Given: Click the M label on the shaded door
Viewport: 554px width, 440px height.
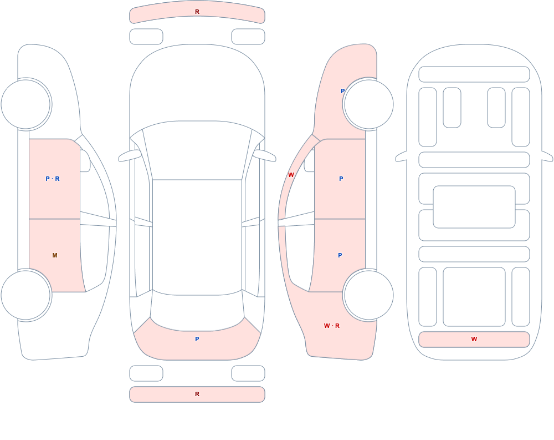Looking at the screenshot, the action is tap(55, 255).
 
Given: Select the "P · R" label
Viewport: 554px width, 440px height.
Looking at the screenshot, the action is tap(53, 179).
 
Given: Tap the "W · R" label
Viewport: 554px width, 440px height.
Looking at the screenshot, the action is tap(332, 326).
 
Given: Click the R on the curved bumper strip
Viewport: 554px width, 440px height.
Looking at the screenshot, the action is tap(197, 12).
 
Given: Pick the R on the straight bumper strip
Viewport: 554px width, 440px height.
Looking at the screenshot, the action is tap(197, 394).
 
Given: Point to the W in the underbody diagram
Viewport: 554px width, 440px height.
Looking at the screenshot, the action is tap(474, 339).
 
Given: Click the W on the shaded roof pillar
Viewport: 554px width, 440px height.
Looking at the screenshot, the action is tap(291, 175).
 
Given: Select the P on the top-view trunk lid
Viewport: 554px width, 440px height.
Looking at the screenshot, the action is tap(197, 339).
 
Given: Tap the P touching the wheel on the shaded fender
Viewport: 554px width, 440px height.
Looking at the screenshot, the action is tap(342, 91).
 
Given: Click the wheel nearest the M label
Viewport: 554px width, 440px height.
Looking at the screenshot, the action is tap(26, 295).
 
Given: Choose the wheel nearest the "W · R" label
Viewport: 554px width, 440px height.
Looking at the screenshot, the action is tap(368, 295).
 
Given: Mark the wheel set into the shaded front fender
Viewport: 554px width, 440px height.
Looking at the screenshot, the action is tap(368, 104).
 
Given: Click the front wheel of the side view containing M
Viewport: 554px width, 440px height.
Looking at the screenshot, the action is tap(26, 104).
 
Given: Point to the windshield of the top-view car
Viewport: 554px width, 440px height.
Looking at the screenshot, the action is tap(197, 150).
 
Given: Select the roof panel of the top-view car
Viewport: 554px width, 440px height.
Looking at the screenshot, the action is tap(197, 237).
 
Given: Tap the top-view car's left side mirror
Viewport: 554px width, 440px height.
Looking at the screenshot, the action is tap(130, 155).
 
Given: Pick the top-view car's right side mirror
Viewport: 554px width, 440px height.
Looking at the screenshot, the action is tap(264, 155).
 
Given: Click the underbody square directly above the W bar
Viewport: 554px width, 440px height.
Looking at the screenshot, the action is tap(474, 297).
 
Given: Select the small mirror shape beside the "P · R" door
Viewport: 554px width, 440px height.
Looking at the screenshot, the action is tap(85, 161).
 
